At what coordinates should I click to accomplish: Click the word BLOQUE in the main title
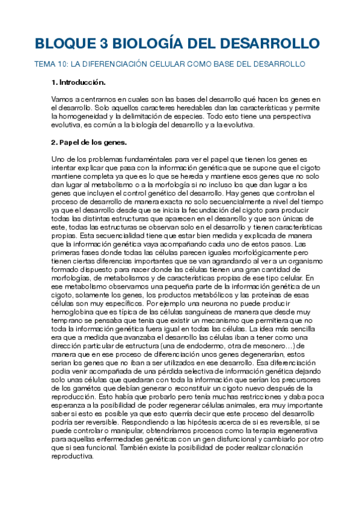coord(59,44)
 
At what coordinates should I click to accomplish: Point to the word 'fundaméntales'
coord(140,159)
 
